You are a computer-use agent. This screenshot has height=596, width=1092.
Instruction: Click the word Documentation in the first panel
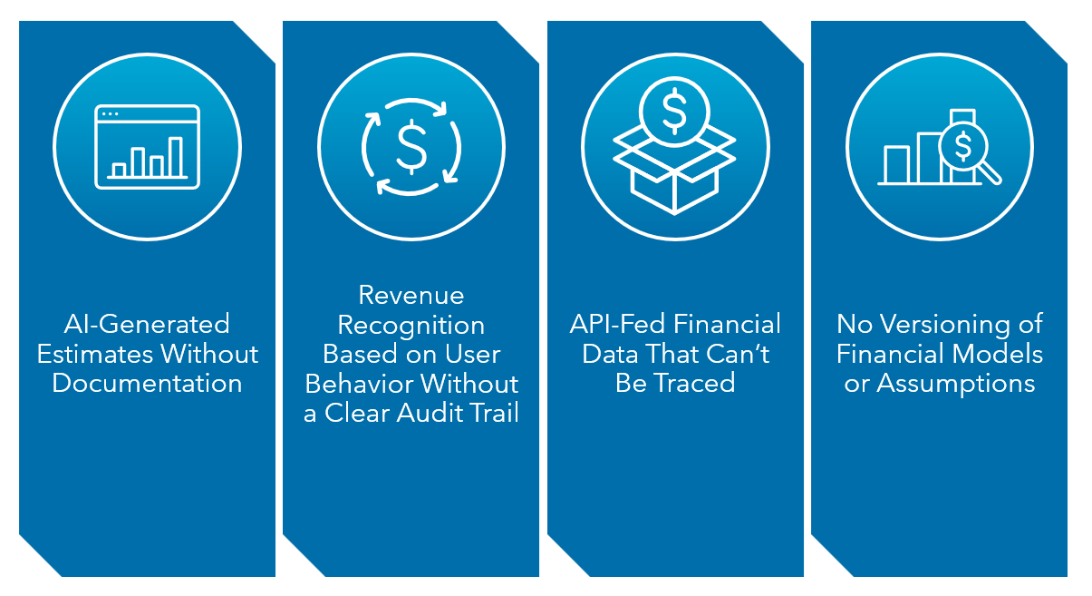(x=147, y=383)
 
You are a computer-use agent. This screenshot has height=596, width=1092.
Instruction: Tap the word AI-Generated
(x=147, y=324)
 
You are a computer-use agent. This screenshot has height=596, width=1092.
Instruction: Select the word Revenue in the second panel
(x=411, y=295)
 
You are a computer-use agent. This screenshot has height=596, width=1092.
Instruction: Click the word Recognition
(x=411, y=325)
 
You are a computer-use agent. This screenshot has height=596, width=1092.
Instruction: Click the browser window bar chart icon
(x=147, y=146)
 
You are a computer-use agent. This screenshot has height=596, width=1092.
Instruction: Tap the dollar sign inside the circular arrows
(x=411, y=146)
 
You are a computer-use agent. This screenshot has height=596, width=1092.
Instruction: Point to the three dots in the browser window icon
(x=110, y=114)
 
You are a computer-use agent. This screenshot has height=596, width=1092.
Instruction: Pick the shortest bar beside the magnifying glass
(x=896, y=164)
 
